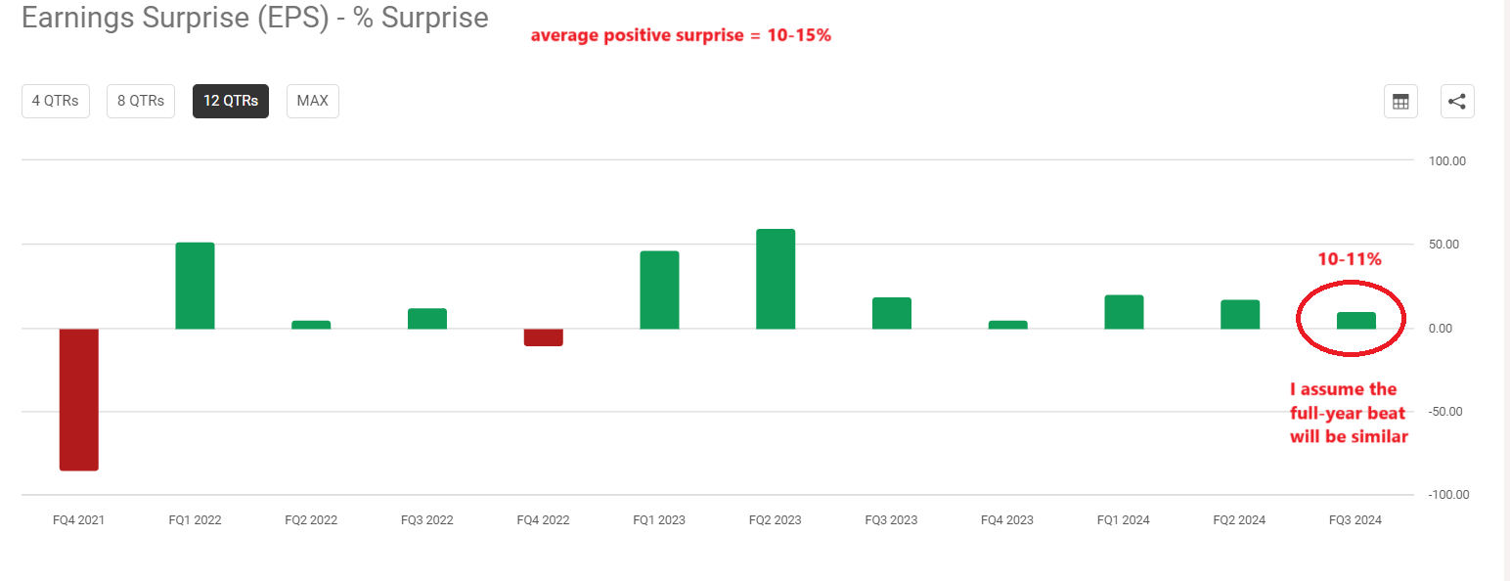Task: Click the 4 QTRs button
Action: (x=56, y=101)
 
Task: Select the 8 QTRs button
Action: (x=141, y=101)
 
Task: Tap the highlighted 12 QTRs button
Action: (x=231, y=101)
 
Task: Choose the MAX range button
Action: (x=313, y=101)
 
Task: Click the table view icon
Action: (x=1400, y=102)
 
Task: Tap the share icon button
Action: (x=1457, y=102)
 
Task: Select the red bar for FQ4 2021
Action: (x=79, y=399)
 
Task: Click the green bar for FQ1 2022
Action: (x=195, y=286)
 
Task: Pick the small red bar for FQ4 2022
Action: (x=544, y=337)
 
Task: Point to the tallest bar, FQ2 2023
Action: (x=776, y=279)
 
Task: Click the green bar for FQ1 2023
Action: (x=659, y=290)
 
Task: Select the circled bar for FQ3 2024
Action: (x=1356, y=320)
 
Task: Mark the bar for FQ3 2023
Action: (x=892, y=313)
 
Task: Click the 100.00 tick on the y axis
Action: (x=1446, y=160)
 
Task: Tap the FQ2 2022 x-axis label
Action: (x=311, y=520)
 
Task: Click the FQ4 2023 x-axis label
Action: (x=1007, y=520)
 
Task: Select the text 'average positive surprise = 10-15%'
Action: (x=681, y=36)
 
